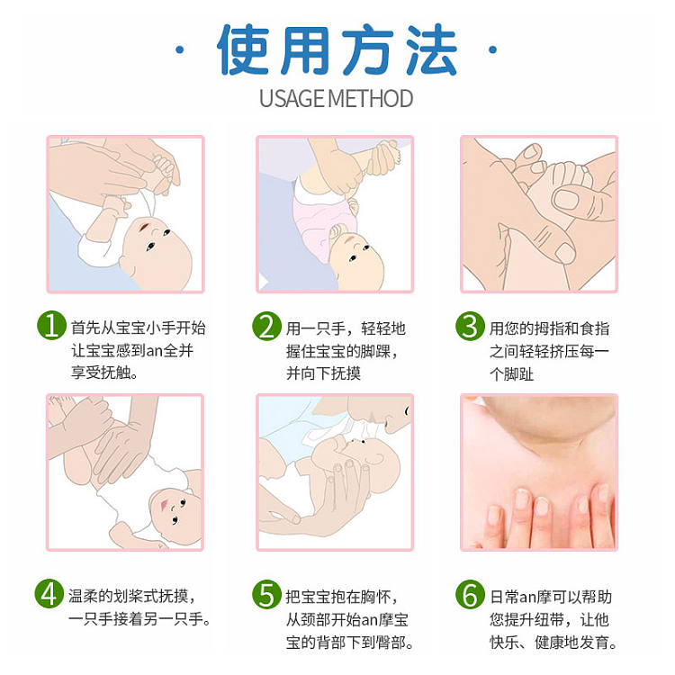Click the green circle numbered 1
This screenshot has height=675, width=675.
[x=51, y=326]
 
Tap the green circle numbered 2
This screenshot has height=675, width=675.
[x=266, y=327]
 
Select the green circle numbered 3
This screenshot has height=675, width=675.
[x=470, y=327]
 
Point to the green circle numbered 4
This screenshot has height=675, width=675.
[x=49, y=594]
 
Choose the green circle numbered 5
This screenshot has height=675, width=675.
[x=266, y=595]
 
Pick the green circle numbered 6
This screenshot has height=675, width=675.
[x=470, y=595]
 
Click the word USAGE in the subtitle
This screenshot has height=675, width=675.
[x=292, y=99]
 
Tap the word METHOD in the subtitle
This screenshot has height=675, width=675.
[x=371, y=99]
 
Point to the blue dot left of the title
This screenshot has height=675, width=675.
[x=180, y=50]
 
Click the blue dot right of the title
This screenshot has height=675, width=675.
[x=493, y=49]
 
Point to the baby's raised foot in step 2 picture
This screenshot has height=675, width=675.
[x=384, y=158]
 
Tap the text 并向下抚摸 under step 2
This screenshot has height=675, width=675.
[x=323, y=373]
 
